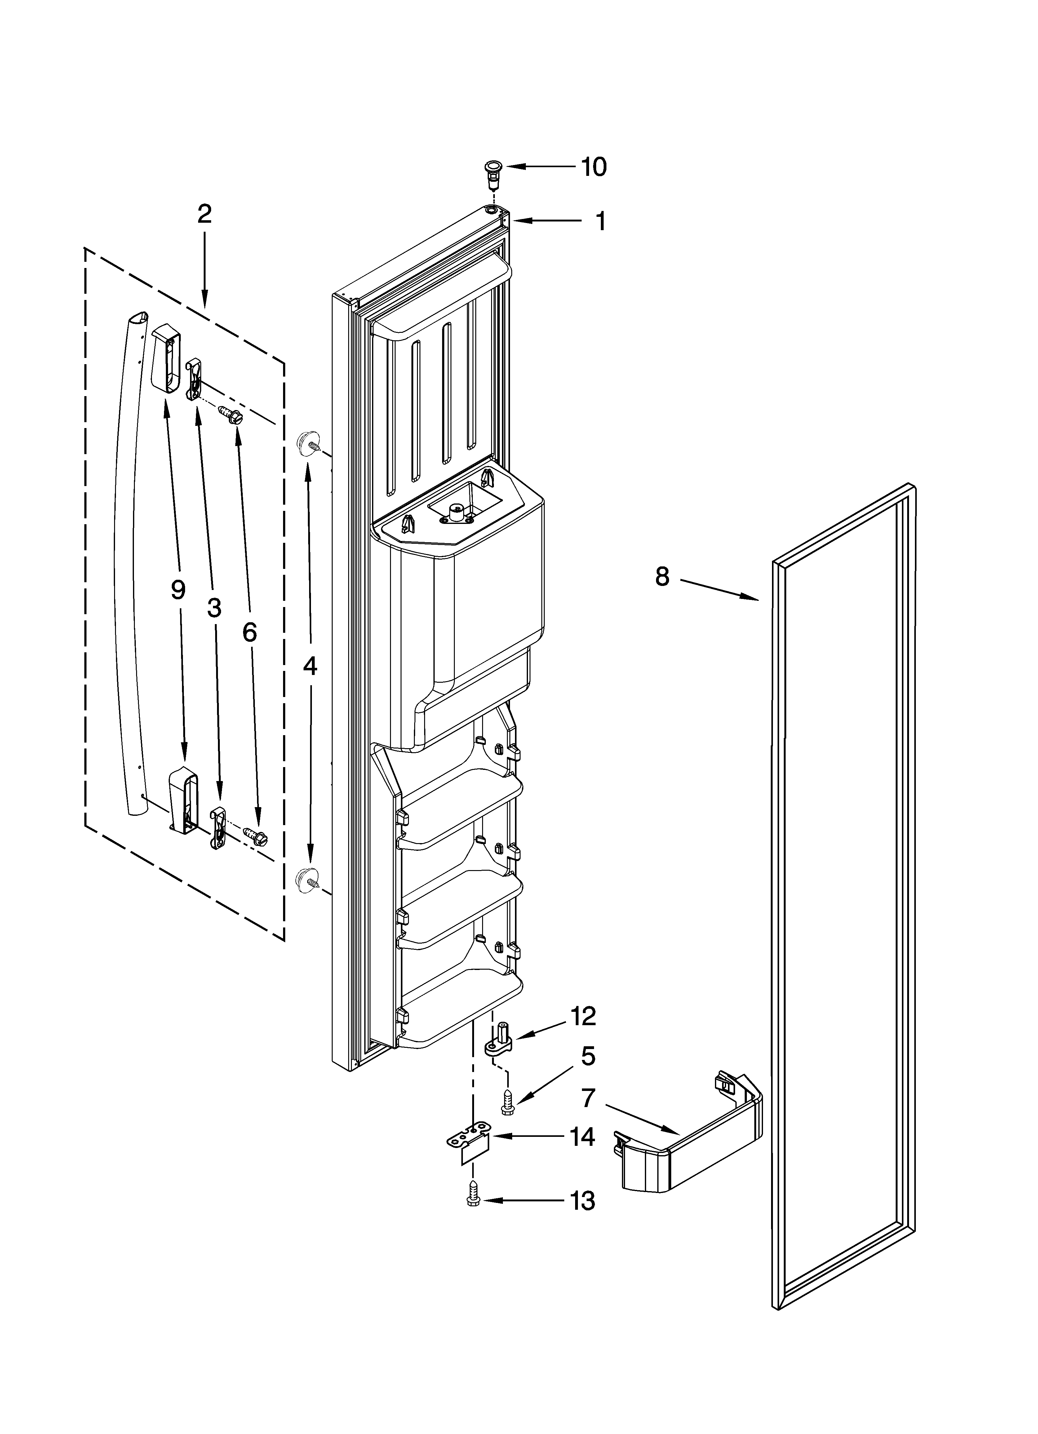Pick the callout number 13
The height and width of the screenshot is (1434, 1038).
[x=582, y=1200]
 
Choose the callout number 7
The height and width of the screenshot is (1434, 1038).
[x=588, y=1099]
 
